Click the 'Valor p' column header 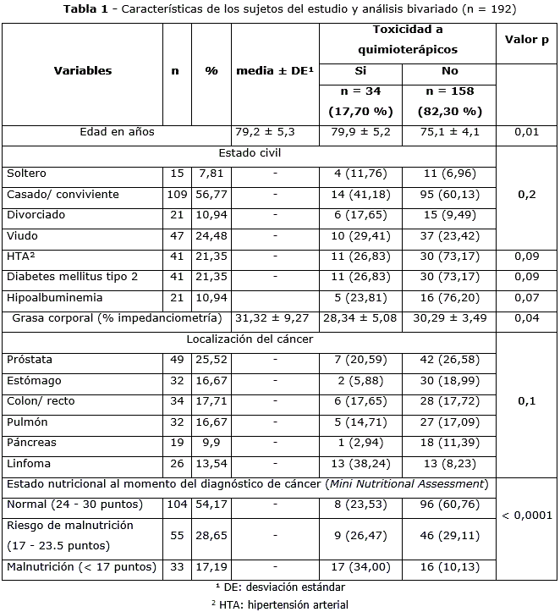[526, 41]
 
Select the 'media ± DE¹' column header [275, 71]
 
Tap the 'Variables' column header [83, 71]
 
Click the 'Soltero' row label [26, 174]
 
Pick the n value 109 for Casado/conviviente [175, 195]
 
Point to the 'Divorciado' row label [36, 215]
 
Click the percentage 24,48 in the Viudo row [211, 235]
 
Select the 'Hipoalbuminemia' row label [54, 297]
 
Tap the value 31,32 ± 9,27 [275, 318]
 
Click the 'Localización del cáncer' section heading [250, 339]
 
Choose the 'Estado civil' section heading [250, 153]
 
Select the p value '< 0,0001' [526, 515]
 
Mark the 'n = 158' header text [449, 91]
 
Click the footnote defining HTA [279, 604]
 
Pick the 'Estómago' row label [33, 380]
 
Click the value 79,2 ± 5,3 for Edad [275, 132]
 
